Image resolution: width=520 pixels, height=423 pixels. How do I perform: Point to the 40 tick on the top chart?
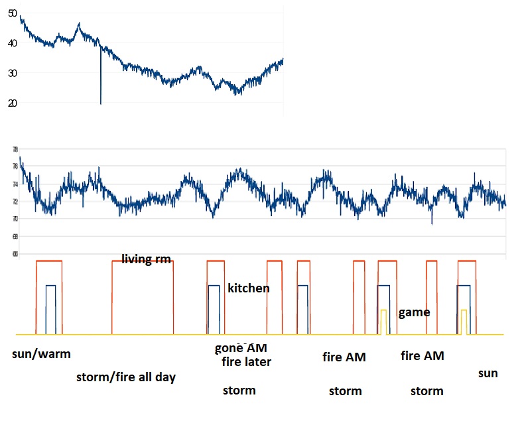pyautogui.click(x=13, y=43)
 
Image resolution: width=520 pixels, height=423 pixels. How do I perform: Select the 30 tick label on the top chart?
pyautogui.click(x=13, y=73)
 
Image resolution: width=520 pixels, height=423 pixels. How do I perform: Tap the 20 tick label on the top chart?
pyautogui.click(x=13, y=103)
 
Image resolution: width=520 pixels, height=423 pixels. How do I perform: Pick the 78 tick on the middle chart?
pyautogui.click(x=15, y=149)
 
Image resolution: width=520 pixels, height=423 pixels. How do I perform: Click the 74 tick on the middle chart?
pyautogui.click(x=15, y=184)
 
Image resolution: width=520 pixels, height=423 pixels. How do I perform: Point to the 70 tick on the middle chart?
pyautogui.click(x=15, y=219)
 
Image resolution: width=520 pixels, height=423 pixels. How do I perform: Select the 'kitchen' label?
pyautogui.click(x=248, y=288)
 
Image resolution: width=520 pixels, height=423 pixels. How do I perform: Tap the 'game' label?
pyautogui.click(x=414, y=312)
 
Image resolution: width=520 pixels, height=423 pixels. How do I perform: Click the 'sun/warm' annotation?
pyautogui.click(x=41, y=353)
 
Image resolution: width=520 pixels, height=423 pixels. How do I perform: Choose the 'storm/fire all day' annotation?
pyautogui.click(x=126, y=377)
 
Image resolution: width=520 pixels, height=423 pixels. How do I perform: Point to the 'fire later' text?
pyautogui.click(x=246, y=361)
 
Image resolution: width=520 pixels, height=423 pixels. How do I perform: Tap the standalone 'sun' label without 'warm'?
pyautogui.click(x=487, y=373)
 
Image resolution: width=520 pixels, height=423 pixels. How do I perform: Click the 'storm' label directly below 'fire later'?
pyautogui.click(x=239, y=391)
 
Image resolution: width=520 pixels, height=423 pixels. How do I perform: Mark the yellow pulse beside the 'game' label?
pyautogui.click(x=383, y=322)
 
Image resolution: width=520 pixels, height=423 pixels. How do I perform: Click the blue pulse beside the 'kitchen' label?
pyautogui.click(x=214, y=309)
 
